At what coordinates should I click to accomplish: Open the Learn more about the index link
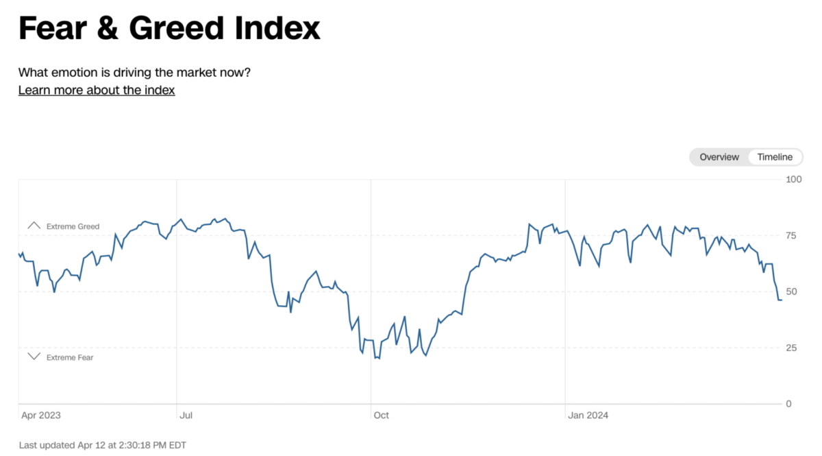tap(97, 91)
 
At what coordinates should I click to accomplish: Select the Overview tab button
tap(719, 157)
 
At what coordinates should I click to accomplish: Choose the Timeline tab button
tap(775, 157)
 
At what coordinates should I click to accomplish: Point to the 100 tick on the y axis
tap(793, 180)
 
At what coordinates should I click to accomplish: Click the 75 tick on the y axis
tap(791, 236)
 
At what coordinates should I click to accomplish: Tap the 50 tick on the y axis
tap(791, 291)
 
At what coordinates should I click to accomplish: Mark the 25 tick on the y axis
tap(791, 348)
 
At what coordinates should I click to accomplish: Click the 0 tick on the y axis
tap(788, 404)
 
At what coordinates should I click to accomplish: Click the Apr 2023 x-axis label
tap(40, 416)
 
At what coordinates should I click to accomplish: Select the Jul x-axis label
tap(186, 416)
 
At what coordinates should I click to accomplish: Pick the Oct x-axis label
tap(381, 416)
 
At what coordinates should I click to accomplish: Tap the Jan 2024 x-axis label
tap(588, 416)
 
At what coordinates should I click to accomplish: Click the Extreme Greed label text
tap(73, 226)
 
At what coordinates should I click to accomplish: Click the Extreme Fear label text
tap(70, 357)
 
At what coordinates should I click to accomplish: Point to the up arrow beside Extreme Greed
tap(34, 226)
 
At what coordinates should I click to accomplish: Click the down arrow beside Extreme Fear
tap(34, 357)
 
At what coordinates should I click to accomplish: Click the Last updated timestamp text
tap(103, 445)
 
